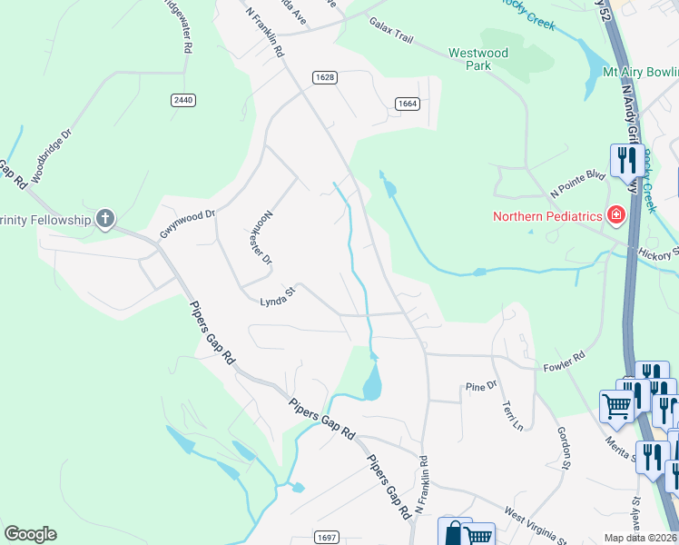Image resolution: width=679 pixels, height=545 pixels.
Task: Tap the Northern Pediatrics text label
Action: (x=547, y=216)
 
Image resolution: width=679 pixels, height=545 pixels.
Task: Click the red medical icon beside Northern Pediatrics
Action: (x=616, y=215)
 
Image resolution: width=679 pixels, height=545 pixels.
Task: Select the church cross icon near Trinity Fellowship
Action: (x=105, y=218)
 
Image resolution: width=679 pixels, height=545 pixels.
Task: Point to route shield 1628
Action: (x=325, y=77)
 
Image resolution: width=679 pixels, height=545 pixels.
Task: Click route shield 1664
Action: (x=407, y=104)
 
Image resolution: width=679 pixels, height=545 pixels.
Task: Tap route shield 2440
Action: (x=182, y=100)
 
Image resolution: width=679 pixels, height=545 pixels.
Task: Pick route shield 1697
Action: (x=328, y=538)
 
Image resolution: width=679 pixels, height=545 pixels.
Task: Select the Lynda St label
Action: (x=279, y=297)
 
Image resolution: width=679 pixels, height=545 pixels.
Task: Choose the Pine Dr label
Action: (x=481, y=386)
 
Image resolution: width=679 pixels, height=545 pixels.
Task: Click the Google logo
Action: (x=31, y=534)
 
